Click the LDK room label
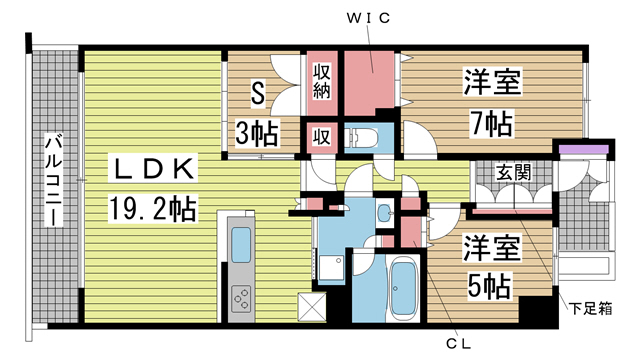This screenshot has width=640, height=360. pyautogui.click(x=153, y=169)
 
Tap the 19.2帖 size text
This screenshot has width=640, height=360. pyautogui.click(x=153, y=209)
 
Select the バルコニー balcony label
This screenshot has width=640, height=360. pyautogui.click(x=54, y=180)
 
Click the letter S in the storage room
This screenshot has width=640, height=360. pyautogui.click(x=258, y=93)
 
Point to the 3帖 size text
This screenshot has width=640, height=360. pyautogui.click(x=257, y=133)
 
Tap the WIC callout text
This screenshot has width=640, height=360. pyautogui.click(x=368, y=18)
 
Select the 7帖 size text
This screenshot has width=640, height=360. pyautogui.click(x=491, y=124)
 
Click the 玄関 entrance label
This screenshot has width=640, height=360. pyautogui.click(x=513, y=172)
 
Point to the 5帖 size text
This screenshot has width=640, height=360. pyautogui.click(x=489, y=286)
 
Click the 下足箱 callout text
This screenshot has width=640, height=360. pyautogui.click(x=591, y=309)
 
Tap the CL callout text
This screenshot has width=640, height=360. pyautogui.click(x=458, y=344)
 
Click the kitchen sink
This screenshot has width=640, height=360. pyautogui.click(x=241, y=245)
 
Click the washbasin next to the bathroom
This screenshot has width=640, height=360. pyautogui.click(x=384, y=212)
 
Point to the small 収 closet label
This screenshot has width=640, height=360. pyautogui.click(x=322, y=137)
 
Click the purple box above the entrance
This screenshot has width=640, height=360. pyautogui.click(x=584, y=149)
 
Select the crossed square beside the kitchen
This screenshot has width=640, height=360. pyautogui.click(x=313, y=306)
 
